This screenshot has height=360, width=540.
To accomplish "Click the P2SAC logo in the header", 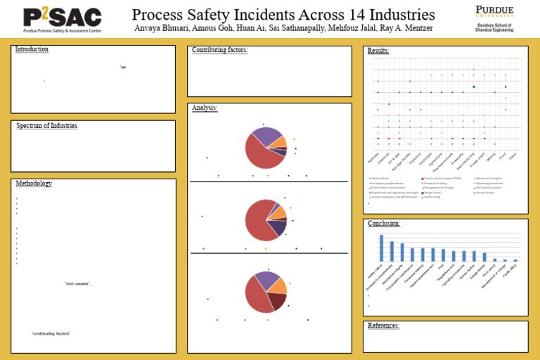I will click(62, 19).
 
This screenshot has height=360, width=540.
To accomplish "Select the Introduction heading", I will click(32, 49).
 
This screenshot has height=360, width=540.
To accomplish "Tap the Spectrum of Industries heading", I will click(46, 125).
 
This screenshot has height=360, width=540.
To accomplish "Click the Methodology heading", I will click(34, 184).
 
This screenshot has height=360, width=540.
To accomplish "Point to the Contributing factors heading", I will click(220, 50).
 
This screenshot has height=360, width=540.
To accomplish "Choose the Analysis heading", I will click(205, 108).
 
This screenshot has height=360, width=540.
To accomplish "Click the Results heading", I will click(378, 51).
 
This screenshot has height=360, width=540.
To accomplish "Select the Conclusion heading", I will click(384, 224).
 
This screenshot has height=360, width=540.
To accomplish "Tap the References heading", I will click(384, 326).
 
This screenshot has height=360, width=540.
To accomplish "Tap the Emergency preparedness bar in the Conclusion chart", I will click(392, 251).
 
